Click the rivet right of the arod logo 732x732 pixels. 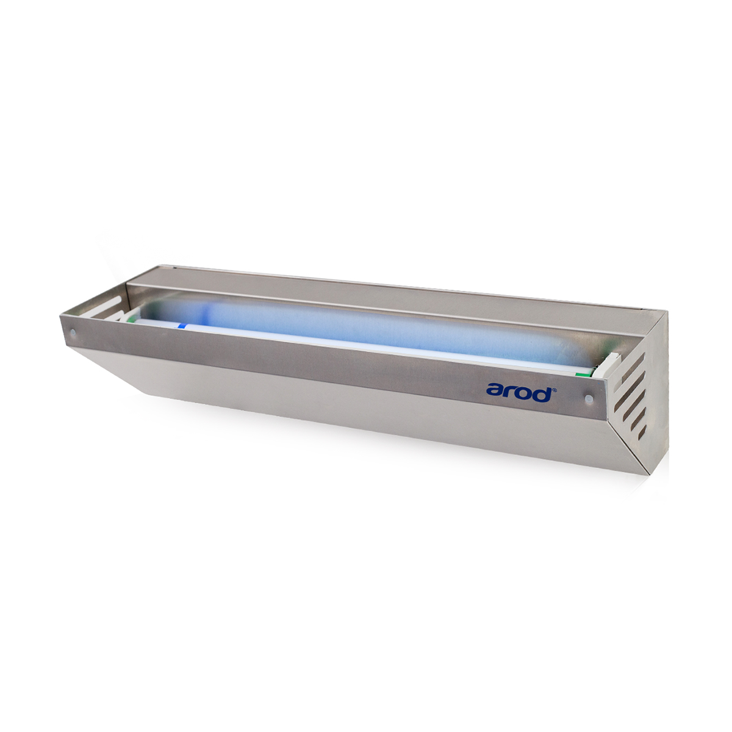pyautogui.click(x=589, y=398)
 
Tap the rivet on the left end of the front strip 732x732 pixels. pyautogui.click(x=73, y=333)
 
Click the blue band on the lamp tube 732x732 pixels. pyautogui.click(x=183, y=326)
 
